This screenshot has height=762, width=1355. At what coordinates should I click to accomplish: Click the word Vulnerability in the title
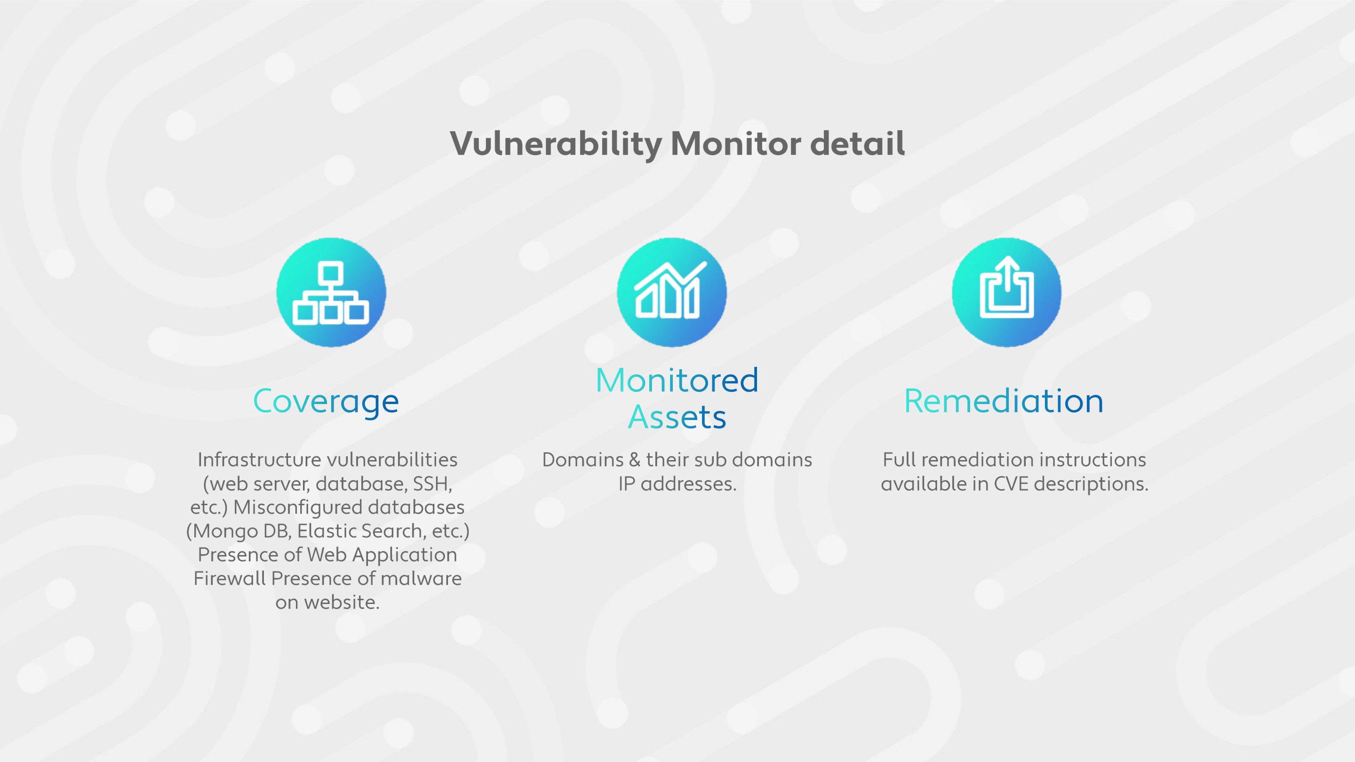[x=556, y=143]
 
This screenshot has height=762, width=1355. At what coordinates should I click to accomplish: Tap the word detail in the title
[x=857, y=143]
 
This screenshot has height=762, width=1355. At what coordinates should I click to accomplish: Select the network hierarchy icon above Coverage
[x=331, y=293]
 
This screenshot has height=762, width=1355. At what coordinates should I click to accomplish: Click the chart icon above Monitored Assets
[x=671, y=293]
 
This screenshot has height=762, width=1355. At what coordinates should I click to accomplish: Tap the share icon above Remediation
[x=1006, y=293]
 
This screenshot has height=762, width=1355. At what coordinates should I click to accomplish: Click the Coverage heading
[x=326, y=402]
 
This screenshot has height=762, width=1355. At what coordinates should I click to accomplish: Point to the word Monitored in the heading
[x=677, y=380]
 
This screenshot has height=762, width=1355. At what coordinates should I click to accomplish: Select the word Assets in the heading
[x=677, y=418]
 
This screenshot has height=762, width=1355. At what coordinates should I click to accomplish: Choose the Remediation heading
[x=1004, y=401]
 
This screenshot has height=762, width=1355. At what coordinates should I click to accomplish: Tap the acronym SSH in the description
[x=432, y=484]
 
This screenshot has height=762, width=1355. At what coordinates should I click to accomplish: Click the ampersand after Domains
[x=634, y=460]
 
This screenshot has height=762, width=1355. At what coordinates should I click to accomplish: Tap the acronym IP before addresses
[x=627, y=484]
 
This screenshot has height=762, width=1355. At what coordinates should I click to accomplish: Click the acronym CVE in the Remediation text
[x=1011, y=484]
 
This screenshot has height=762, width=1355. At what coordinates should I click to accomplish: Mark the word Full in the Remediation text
[x=899, y=460]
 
